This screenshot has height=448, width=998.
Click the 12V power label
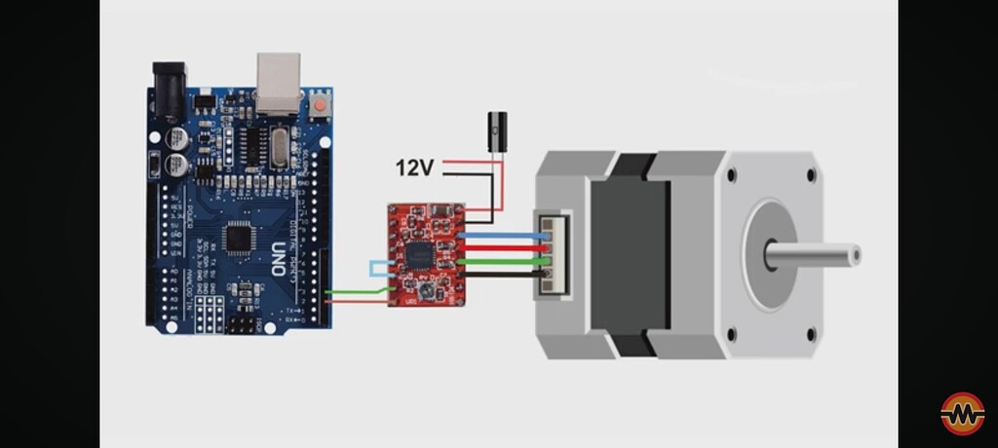(413, 168)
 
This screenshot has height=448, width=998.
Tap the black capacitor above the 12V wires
(497, 131)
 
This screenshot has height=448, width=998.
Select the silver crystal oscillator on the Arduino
(280, 145)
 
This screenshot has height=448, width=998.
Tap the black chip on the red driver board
(420, 255)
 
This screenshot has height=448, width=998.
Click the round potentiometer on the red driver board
(425, 290)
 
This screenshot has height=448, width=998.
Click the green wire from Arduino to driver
(356, 290)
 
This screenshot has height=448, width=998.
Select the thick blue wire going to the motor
(502, 236)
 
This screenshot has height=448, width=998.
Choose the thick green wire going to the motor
(502, 261)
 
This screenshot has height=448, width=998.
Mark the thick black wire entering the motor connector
(502, 275)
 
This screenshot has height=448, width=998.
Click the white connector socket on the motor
(553, 255)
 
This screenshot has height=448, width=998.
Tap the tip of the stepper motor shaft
(855, 255)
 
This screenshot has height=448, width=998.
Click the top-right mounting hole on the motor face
(811, 176)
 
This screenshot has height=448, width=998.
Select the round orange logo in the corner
(962, 414)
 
